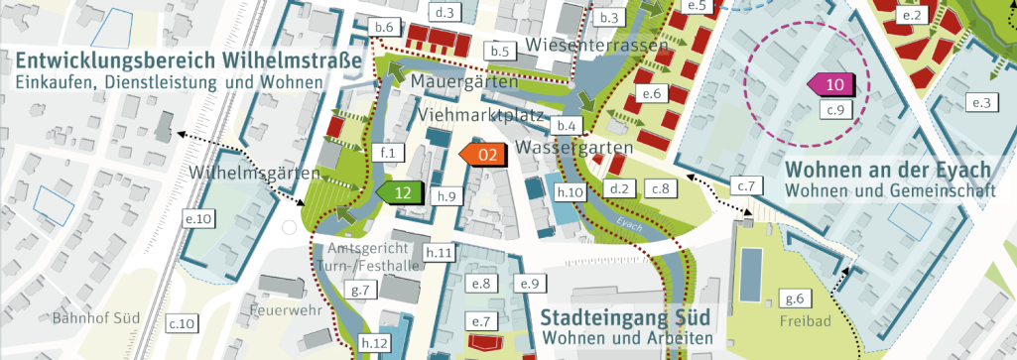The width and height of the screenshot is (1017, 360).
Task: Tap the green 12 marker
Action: [x=400, y=192]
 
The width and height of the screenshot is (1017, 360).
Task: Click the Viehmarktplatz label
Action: [x=484, y=116]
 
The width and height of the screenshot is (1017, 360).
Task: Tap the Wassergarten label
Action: [x=574, y=148]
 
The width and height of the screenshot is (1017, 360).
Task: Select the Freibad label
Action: [x=812, y=322]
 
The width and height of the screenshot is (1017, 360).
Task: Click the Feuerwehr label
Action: [x=282, y=310]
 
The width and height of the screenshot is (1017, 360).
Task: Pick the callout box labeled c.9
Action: [x=837, y=109]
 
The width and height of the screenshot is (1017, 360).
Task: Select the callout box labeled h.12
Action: [x=375, y=343]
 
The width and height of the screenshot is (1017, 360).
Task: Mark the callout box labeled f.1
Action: [x=387, y=153]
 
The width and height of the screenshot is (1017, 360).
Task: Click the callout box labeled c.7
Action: [x=746, y=186]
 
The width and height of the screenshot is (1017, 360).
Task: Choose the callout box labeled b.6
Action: [x=385, y=25]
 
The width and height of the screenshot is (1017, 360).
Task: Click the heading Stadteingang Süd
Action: [x=625, y=319]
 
